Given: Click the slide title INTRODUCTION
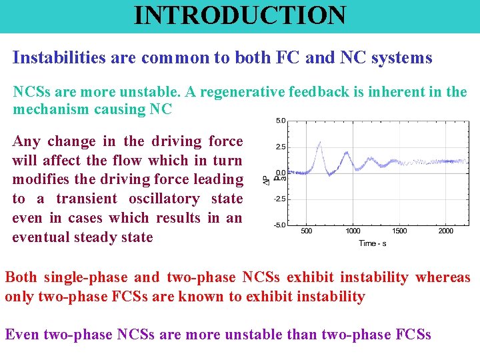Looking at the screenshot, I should tap(240, 15).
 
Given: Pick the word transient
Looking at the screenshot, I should tap(86, 199).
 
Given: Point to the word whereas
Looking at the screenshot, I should tap(443, 278).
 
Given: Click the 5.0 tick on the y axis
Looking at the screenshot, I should tap(281, 121).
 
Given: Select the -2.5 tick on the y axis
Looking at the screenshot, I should tap(280, 199).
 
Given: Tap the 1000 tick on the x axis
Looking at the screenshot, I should tap(353, 231).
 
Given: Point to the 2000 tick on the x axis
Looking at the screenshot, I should tap(445, 231).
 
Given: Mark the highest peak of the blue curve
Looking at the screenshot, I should tap(321, 142).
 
